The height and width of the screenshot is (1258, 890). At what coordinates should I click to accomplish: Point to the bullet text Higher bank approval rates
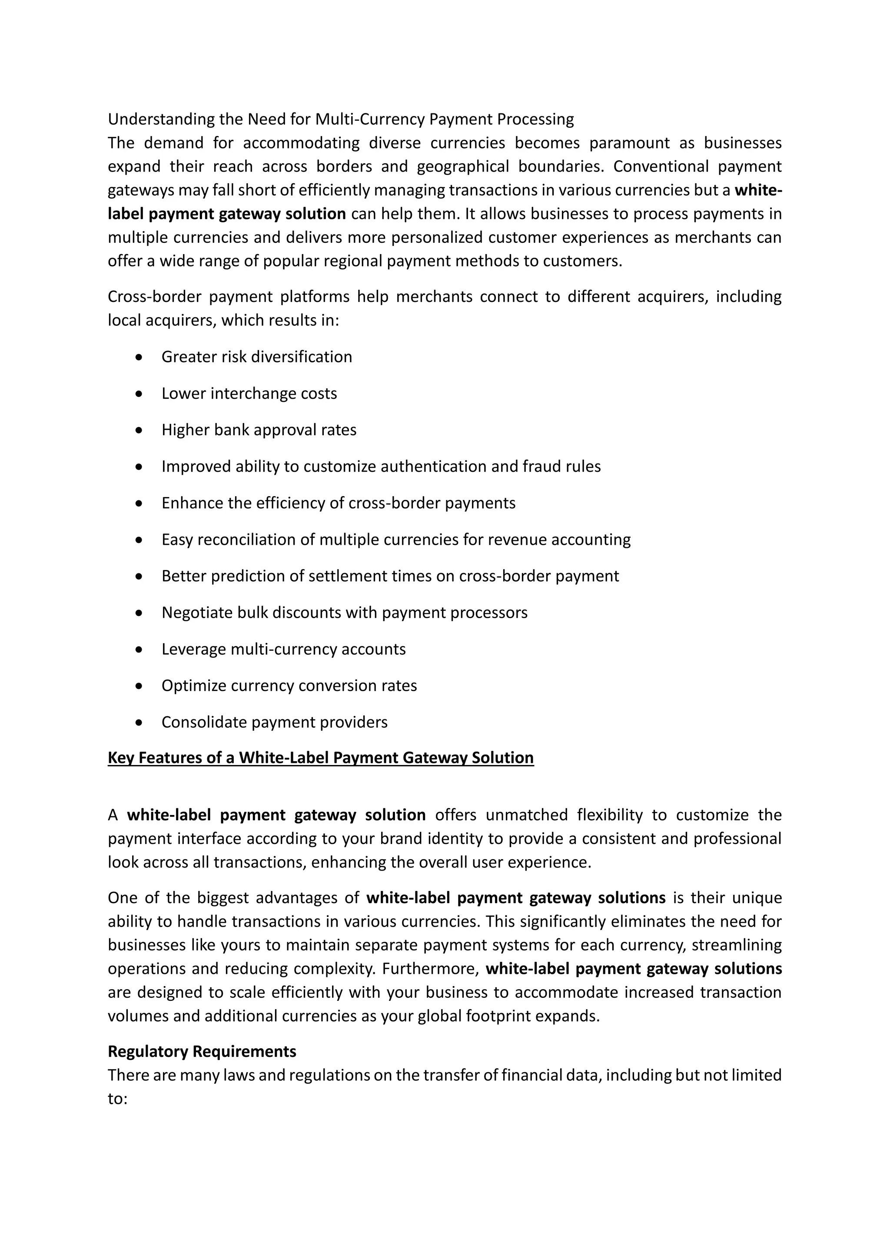[259, 430]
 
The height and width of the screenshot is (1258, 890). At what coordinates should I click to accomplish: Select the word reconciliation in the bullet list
[256, 540]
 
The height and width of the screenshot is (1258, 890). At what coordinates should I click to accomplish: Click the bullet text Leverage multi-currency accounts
[283, 649]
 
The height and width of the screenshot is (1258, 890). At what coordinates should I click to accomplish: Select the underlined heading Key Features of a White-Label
[321, 758]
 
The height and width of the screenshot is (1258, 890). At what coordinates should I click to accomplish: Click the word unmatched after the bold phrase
[526, 815]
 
